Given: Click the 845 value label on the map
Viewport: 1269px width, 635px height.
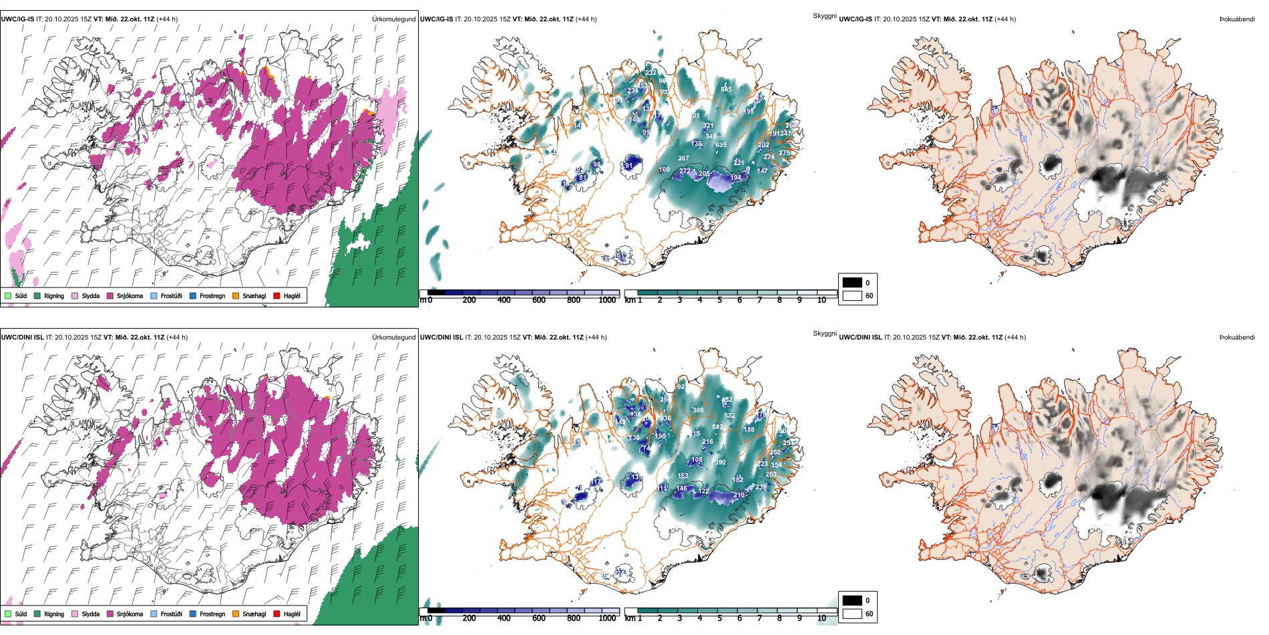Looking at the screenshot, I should click(726, 89).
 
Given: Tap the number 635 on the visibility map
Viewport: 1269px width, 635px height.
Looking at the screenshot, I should click(721, 145).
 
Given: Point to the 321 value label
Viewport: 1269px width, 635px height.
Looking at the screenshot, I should click(708, 126).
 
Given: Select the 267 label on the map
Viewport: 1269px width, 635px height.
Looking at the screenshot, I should click(683, 158).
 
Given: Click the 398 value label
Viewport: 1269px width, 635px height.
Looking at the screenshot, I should click(698, 410).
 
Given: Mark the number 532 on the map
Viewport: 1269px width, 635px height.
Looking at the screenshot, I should click(729, 416).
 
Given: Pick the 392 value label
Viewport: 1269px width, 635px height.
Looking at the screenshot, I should click(720, 463).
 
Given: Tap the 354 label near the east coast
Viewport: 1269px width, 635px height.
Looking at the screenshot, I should click(776, 465).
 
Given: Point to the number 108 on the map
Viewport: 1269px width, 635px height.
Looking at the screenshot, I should click(697, 460).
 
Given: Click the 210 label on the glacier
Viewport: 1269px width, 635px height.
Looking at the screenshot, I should click(739, 495).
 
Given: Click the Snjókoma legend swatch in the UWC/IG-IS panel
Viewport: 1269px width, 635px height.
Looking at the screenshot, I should click(110, 295).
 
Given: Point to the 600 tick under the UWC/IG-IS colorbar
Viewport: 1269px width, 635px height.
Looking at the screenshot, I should click(539, 300).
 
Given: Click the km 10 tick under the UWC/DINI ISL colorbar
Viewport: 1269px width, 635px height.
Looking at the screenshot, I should click(822, 618).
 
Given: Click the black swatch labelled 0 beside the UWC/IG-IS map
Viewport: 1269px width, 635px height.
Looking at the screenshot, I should click(852, 283).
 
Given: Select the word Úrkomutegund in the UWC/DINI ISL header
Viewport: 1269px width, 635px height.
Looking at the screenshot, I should click(393, 338).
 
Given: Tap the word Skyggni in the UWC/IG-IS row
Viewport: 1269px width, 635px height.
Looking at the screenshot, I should click(824, 15).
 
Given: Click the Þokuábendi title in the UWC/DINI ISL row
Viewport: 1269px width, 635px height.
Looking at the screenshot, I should click(1237, 338).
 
